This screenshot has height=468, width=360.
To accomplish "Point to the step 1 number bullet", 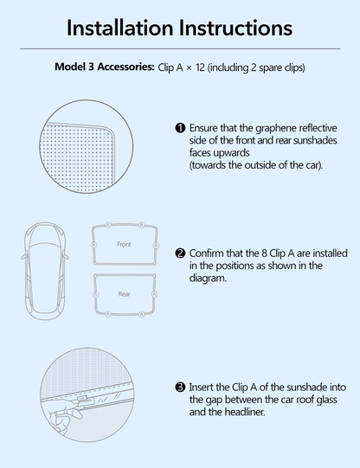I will click(x=180, y=128).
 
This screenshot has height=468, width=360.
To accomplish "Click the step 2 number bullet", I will click(x=180, y=253).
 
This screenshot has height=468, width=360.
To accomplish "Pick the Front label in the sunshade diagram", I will click(x=124, y=245).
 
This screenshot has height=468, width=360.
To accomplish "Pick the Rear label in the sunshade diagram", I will click(x=124, y=295).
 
